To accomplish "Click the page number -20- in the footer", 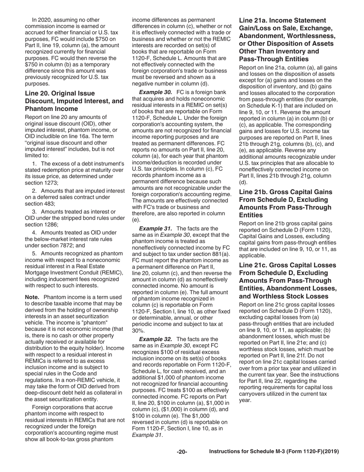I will coord(182,452).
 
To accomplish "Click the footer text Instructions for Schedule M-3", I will coord(274,452).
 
